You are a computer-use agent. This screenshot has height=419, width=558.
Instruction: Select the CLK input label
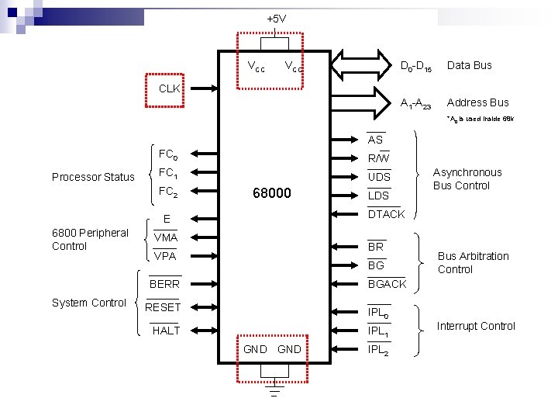[169, 88]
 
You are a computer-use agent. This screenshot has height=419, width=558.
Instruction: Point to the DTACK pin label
[386, 214]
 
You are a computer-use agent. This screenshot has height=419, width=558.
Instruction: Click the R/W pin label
[378, 158]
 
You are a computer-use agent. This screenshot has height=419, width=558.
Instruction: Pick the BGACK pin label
[387, 284]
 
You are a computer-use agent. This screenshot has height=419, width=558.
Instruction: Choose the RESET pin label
[163, 307]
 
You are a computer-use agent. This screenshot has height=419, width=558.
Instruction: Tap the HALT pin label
[166, 331]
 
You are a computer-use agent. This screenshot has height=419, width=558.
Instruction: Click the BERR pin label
[164, 284]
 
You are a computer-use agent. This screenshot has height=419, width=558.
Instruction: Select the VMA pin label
[165, 237]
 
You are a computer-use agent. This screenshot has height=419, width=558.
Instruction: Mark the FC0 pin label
[167, 154]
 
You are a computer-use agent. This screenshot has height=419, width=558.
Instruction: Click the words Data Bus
[469, 65]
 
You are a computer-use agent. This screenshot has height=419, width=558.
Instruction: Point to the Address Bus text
[477, 102]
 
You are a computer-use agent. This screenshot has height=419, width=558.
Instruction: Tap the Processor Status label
[93, 177]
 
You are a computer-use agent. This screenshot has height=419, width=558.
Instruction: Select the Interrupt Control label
[476, 326]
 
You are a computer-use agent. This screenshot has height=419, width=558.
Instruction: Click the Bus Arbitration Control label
[473, 262]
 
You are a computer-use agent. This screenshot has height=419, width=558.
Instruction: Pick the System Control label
[88, 303]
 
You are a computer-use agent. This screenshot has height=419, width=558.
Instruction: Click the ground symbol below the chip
[273, 387]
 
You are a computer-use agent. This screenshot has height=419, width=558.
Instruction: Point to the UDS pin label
[379, 177]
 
